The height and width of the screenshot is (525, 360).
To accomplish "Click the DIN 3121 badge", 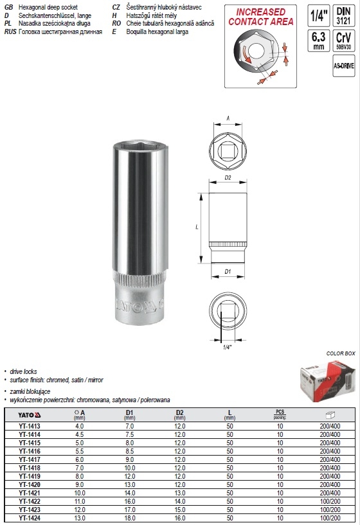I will (x=345, y=17).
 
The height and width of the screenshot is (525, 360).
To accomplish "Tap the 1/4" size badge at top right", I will (x=316, y=17).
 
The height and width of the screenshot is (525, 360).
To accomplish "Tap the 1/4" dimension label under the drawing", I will (x=226, y=346).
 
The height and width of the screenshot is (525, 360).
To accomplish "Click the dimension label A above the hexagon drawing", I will (x=228, y=118).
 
